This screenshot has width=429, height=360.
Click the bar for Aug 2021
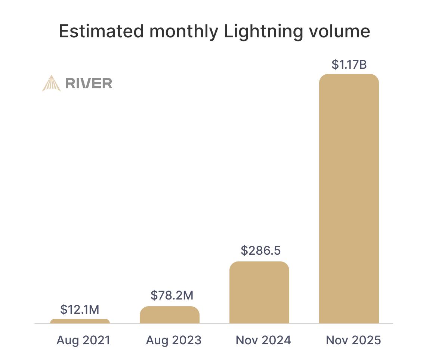tap(80, 321)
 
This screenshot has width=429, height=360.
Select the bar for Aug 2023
tap(169, 315)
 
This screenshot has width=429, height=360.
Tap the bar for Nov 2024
tap(259, 292)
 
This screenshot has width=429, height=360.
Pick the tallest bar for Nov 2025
tap(349, 198)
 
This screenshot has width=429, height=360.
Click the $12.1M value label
tap(80, 310)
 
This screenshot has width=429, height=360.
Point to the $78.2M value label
tap(172, 295)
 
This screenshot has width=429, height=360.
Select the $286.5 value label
tap(260, 251)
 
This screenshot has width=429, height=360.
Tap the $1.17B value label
tap(349, 65)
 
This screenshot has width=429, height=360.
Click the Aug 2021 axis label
tap(83, 340)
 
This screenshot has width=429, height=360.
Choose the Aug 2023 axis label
tap(173, 340)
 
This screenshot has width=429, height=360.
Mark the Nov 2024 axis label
tap(263, 340)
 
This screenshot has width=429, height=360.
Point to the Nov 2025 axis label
tap(353, 340)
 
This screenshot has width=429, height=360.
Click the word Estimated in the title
tap(101, 31)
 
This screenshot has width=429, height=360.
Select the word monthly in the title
tap(183, 31)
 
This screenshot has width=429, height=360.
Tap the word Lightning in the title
tap(263, 31)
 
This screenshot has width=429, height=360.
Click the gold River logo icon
tap(51, 83)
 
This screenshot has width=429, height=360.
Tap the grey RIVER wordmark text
tap(89, 83)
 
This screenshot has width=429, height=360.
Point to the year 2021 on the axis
tap(96, 340)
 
